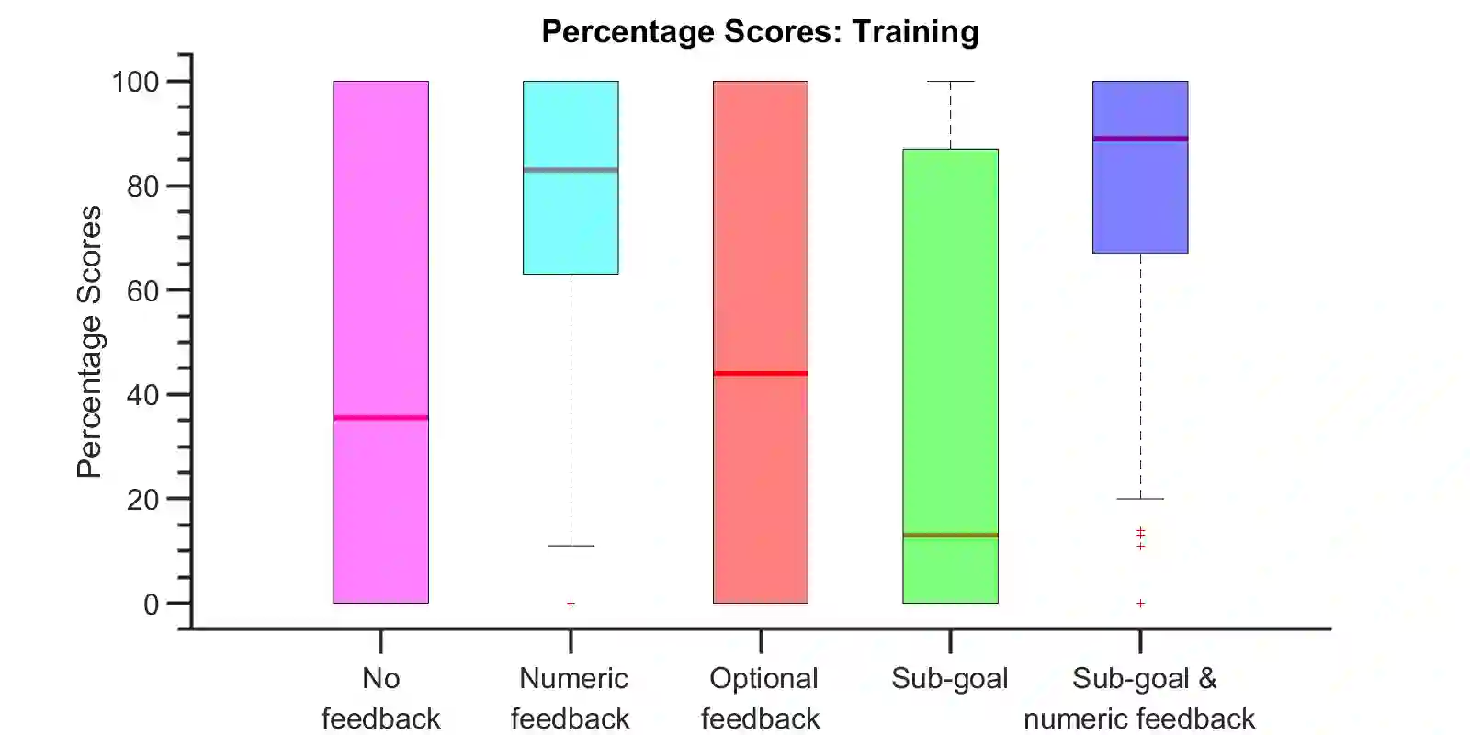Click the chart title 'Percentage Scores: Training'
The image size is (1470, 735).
click(x=760, y=31)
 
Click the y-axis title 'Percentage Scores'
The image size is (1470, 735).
click(x=89, y=342)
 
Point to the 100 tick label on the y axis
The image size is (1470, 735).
click(x=135, y=82)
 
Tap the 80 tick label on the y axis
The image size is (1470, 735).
click(x=142, y=187)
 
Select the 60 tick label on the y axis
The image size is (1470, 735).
click(x=142, y=290)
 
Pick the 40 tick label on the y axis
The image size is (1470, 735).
click(x=142, y=395)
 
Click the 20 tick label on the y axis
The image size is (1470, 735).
click(x=142, y=500)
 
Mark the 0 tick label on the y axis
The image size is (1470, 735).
click(x=151, y=605)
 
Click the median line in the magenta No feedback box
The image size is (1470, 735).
click(x=380, y=418)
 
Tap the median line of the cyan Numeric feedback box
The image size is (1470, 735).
click(x=571, y=170)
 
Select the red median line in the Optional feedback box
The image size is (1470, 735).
click(x=761, y=374)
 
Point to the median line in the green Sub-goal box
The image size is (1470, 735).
click(x=950, y=535)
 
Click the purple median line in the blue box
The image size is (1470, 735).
click(x=1140, y=139)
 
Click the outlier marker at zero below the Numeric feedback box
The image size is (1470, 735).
click(x=571, y=604)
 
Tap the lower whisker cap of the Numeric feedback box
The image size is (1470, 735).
click(x=571, y=546)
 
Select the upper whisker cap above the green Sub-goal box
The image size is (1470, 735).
click(x=950, y=82)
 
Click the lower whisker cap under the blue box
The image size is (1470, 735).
click(x=1140, y=499)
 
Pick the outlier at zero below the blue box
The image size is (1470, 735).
click(x=1140, y=604)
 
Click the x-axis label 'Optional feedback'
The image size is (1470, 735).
click(x=762, y=698)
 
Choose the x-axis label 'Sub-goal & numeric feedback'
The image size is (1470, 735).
click(x=1140, y=698)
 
